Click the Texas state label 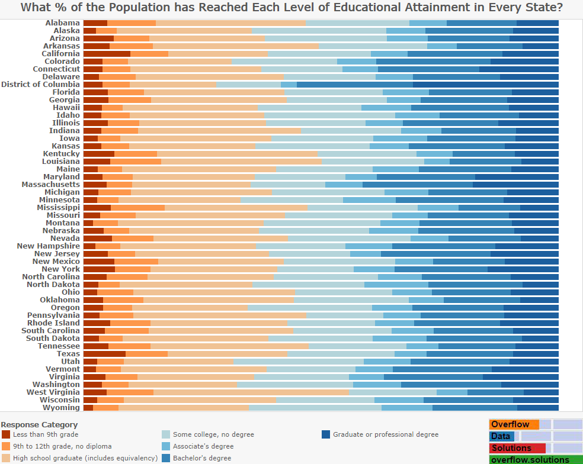click(68, 354)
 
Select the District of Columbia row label click(40, 85)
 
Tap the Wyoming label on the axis click(61, 408)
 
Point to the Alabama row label click(62, 23)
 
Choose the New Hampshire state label click(48, 246)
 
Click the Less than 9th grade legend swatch click(6, 434)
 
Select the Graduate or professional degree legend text click(386, 434)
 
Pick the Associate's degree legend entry click(203, 446)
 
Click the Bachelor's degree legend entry click(202, 458)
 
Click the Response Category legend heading click(39, 424)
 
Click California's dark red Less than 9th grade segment click(107, 54)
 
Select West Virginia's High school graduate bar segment click(251, 392)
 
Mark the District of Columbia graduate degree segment click(486, 85)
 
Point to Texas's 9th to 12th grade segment click(146, 354)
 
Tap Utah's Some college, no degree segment click(299, 362)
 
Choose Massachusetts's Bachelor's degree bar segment click(417, 185)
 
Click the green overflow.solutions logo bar click(536, 460)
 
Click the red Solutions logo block click(517, 448)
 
